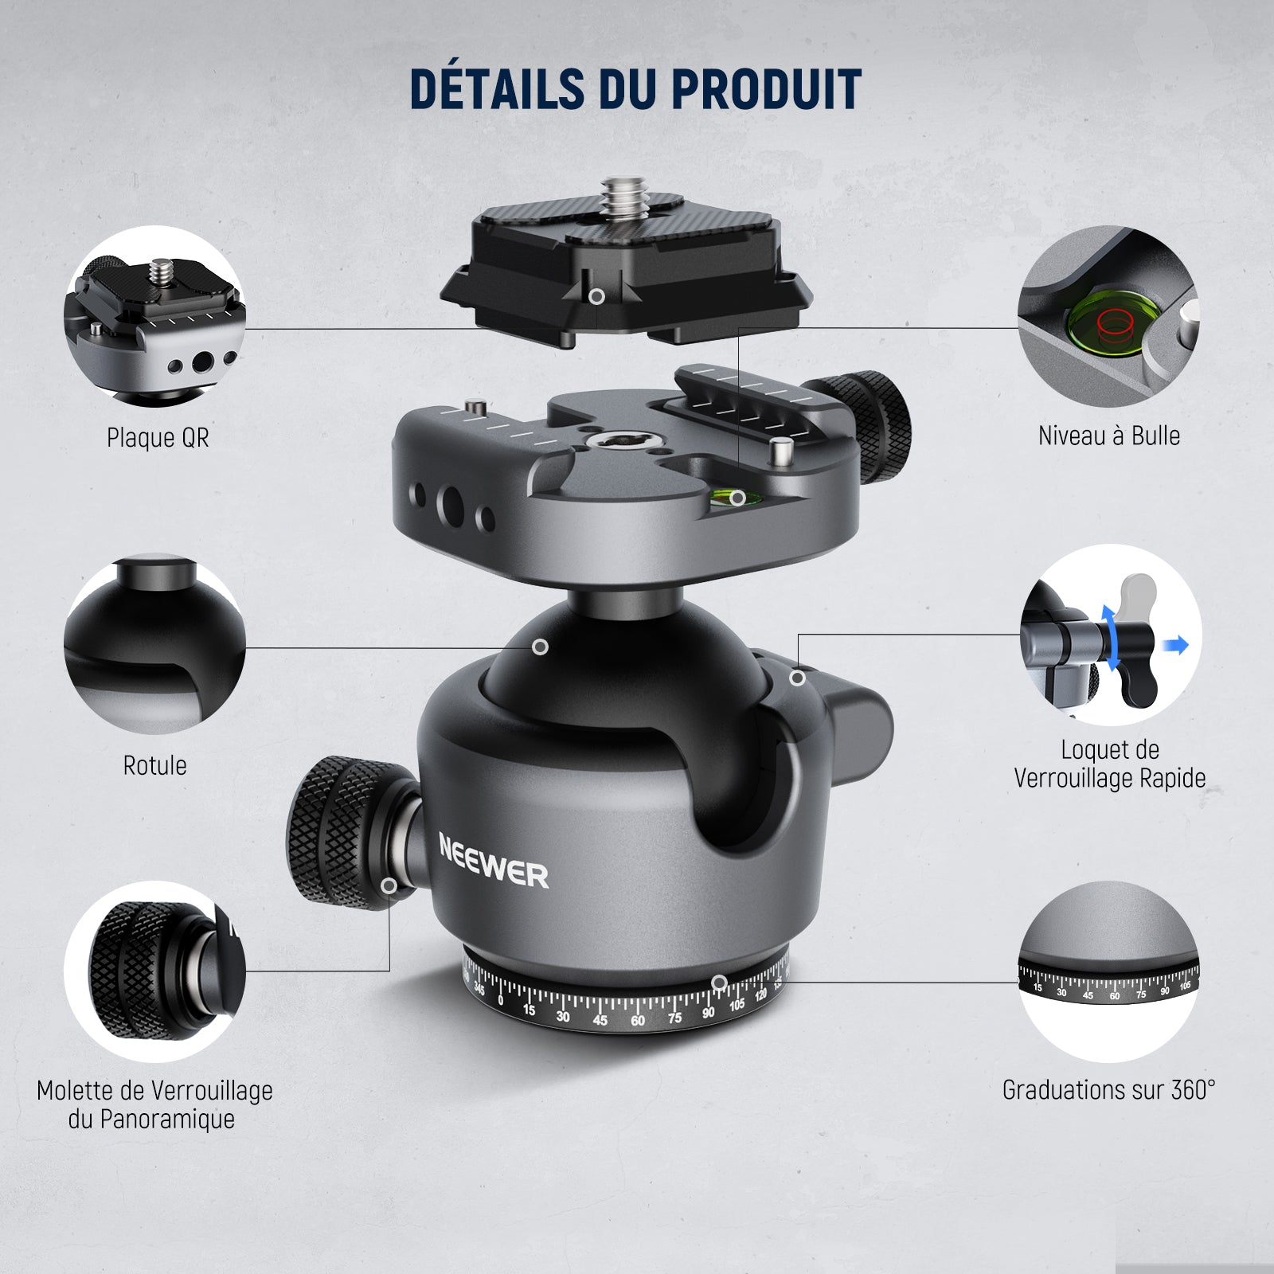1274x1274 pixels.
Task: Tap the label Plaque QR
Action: pyautogui.click(x=158, y=437)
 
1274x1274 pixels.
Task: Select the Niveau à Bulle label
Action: pyautogui.click(x=1108, y=436)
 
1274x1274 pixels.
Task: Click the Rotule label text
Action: pyautogui.click(x=154, y=765)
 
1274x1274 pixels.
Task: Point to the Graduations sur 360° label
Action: pyautogui.click(x=1108, y=1089)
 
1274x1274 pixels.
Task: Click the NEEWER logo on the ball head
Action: pyautogui.click(x=494, y=862)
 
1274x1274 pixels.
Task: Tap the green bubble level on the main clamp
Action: pyautogui.click(x=734, y=499)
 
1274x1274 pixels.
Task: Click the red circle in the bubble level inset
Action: pyautogui.click(x=1113, y=322)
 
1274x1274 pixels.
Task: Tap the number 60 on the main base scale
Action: pyautogui.click(x=637, y=1021)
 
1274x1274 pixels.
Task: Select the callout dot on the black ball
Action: pyautogui.click(x=540, y=647)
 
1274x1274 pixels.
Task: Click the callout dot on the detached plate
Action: pyautogui.click(x=596, y=296)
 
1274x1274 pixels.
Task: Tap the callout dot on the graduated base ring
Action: pyautogui.click(x=718, y=983)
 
